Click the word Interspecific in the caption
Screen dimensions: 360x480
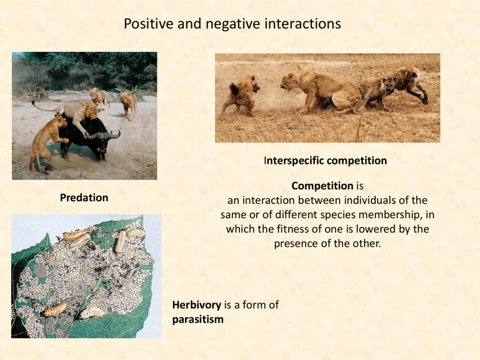pyautogui.click(x=296, y=161)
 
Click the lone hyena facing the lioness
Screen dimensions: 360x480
pyautogui.click(x=242, y=94)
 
